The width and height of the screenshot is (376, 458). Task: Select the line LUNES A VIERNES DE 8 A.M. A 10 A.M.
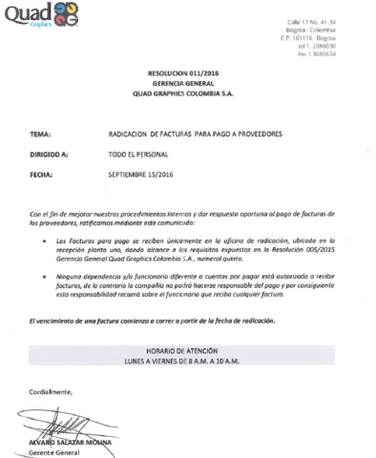click(186, 363)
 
